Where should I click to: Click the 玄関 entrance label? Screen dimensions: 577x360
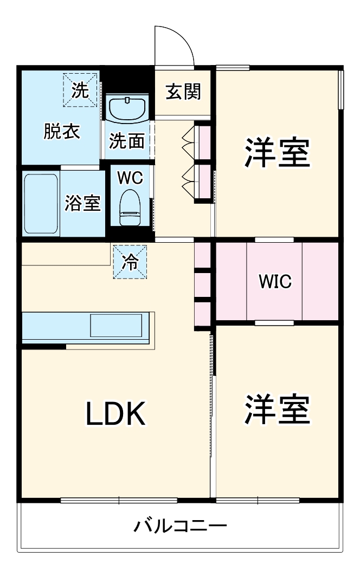pos(183,92)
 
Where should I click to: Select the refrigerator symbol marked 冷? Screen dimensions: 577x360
pos(130,262)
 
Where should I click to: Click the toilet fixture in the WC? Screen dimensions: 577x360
pos(130,206)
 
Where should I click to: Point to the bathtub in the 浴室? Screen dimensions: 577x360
pos(41,203)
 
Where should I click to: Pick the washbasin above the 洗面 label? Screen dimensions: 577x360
pos(128,109)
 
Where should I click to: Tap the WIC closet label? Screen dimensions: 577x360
pos(275,282)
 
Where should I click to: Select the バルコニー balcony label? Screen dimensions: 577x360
pos(180,526)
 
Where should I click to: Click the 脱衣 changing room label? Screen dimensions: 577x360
pos(61,132)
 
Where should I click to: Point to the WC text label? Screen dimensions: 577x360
pos(130,177)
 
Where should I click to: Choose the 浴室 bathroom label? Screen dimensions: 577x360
pos(82,203)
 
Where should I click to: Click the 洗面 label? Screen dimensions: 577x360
pos(127,141)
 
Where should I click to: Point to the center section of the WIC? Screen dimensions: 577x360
pos(275,282)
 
